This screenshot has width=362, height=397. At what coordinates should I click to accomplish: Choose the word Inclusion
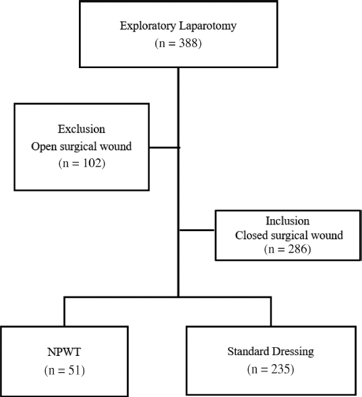click(x=287, y=220)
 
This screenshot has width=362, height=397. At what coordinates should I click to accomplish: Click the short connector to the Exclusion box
click(x=163, y=146)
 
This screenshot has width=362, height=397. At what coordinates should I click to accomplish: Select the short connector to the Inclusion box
click(x=197, y=229)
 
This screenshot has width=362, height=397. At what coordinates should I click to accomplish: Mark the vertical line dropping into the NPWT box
click(x=65, y=311)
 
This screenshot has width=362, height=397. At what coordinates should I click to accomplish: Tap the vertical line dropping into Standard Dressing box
click(x=271, y=311)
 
